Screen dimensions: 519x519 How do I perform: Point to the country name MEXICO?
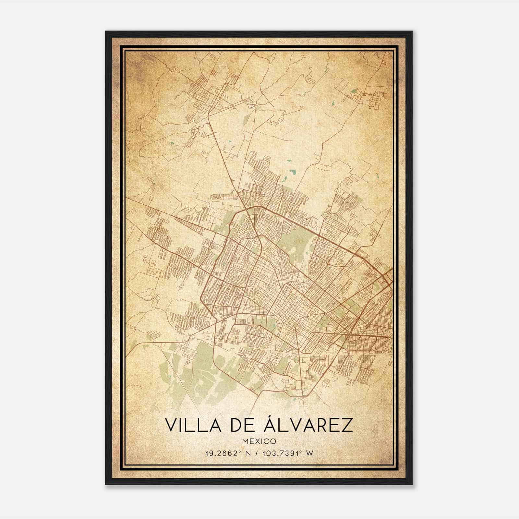tap(259, 441)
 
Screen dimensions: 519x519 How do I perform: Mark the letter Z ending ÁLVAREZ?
tap(347, 425)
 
